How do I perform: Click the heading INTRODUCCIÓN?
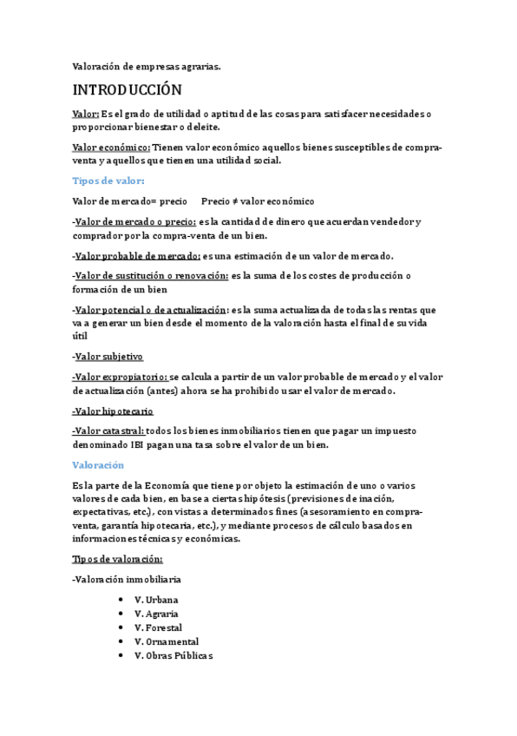point(127,90)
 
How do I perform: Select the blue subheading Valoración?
point(98,465)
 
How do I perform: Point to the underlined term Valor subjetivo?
point(108,357)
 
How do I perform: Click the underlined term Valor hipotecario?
point(113,411)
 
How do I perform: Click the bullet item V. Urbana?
point(157,600)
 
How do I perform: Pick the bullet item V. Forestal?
point(159,628)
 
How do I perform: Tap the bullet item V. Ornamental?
point(167,641)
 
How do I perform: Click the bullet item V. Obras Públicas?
point(173,655)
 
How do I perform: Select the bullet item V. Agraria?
point(157,614)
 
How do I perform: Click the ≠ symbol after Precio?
point(232,201)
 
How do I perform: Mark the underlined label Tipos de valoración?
point(117,559)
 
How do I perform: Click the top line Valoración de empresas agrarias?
point(146,64)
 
